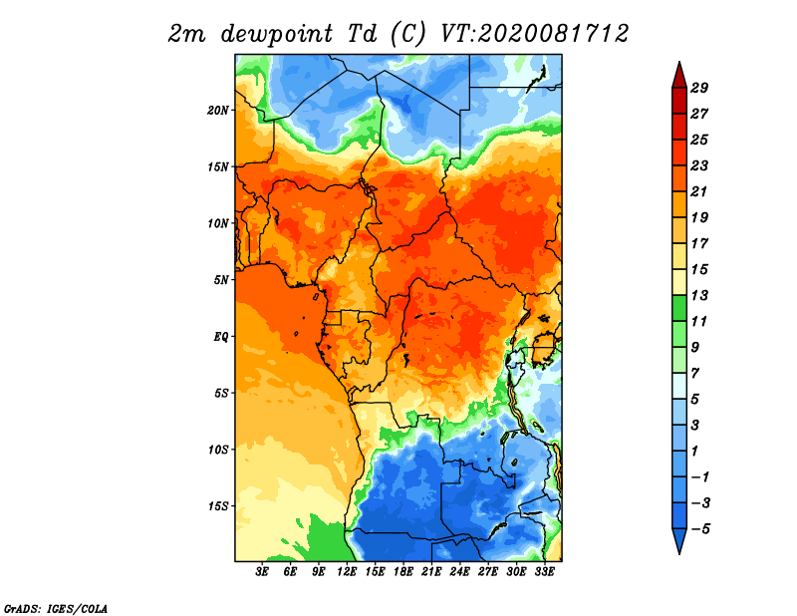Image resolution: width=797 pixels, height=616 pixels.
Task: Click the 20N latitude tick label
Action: (x=217, y=111)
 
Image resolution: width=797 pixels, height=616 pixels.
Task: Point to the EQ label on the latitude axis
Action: (x=220, y=337)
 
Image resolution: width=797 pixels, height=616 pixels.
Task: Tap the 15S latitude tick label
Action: (x=217, y=506)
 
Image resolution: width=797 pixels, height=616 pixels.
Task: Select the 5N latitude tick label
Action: (x=220, y=280)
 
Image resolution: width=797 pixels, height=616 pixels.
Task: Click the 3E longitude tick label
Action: (x=262, y=572)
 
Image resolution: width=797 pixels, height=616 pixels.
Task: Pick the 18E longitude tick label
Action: (x=403, y=572)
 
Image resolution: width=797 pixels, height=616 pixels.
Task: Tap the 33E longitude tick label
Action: (x=544, y=572)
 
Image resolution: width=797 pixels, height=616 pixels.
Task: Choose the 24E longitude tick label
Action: (x=459, y=572)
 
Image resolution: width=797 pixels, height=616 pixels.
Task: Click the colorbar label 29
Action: (x=699, y=88)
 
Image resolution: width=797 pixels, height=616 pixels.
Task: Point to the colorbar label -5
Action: (x=700, y=529)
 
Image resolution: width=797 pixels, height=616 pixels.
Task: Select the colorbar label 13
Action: (x=699, y=295)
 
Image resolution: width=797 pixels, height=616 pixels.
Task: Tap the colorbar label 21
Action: (x=699, y=191)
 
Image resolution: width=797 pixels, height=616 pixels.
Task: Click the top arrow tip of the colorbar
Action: (x=679, y=62)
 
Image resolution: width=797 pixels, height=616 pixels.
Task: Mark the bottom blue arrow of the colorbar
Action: (x=679, y=540)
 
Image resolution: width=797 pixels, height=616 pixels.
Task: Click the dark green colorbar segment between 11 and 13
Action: (x=679, y=308)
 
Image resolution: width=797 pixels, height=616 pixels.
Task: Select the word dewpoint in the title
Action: (x=277, y=35)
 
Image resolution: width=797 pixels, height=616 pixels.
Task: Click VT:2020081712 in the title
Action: (x=535, y=34)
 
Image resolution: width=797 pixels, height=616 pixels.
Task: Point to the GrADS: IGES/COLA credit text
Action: (x=56, y=608)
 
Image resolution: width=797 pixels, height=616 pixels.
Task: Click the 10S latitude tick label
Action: (x=217, y=450)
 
